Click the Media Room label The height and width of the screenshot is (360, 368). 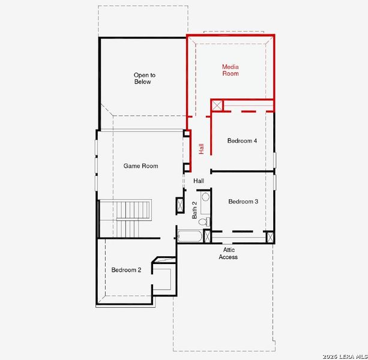click(230, 70)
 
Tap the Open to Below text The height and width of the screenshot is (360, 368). click(144, 78)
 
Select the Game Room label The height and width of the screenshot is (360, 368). click(140, 166)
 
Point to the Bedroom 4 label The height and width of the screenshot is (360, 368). click(242, 141)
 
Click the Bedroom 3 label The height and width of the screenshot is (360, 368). click(243, 202)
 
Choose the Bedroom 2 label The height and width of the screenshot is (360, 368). click(126, 270)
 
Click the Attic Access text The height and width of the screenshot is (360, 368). click(228, 253)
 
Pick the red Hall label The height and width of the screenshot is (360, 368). click(202, 148)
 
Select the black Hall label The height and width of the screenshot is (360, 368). click(199, 181)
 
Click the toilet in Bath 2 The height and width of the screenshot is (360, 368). click(204, 222)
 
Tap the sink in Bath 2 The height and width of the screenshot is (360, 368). click(205, 197)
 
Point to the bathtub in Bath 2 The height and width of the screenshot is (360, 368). click(190, 236)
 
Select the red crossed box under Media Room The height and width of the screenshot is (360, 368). click(217, 106)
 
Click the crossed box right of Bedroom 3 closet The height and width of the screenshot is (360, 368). click(270, 236)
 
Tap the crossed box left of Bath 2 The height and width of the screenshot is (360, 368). click(179, 205)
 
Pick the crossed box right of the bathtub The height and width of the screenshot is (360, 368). click(207, 236)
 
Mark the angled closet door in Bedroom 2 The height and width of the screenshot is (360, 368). click(157, 261)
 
